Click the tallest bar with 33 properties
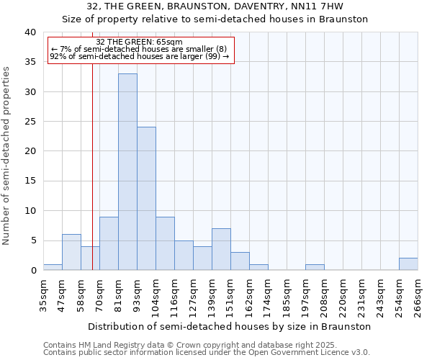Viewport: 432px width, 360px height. pyautogui.click(x=127, y=172)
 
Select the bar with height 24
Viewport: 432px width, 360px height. pyautogui.click(x=146, y=199)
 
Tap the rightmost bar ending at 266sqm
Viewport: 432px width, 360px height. pyautogui.click(x=408, y=264)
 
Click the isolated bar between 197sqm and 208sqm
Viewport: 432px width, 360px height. pyautogui.click(x=315, y=267)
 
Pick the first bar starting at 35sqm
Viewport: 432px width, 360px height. pyautogui.click(x=53, y=267)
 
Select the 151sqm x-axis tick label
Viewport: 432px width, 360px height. pyautogui.click(x=230, y=294)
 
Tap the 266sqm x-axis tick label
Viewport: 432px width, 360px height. pyautogui.click(x=418, y=294)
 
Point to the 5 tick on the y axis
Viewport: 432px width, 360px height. pyautogui.click(x=32, y=240)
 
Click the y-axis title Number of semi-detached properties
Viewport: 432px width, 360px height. pyautogui.click(x=6, y=156)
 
